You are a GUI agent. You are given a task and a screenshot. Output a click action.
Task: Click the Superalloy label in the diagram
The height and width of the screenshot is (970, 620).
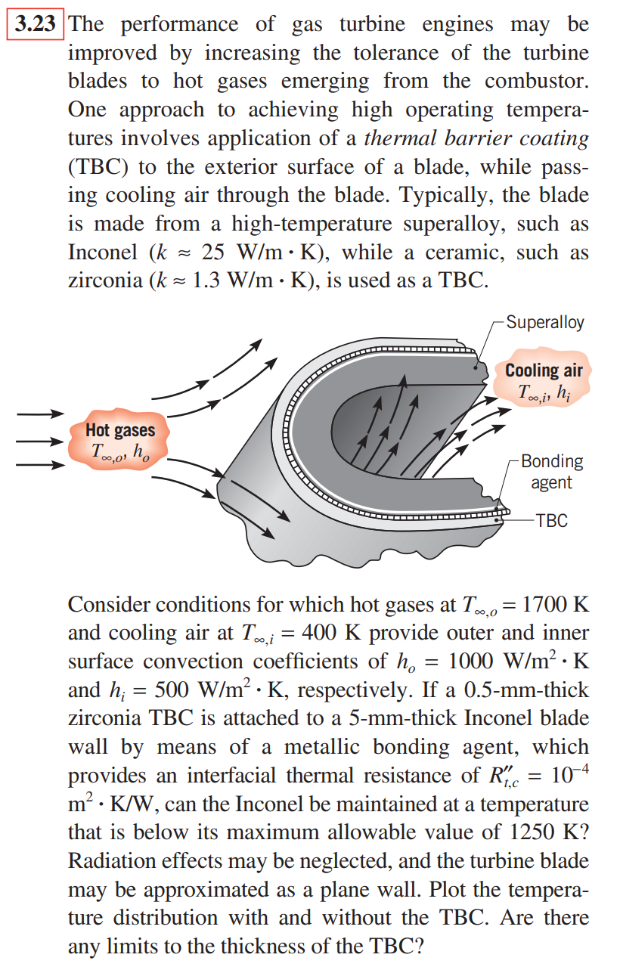[544, 322]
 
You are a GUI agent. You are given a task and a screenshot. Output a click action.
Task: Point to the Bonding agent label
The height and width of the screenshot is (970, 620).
[551, 471]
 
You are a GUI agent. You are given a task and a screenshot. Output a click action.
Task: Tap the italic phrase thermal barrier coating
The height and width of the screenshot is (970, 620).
[476, 138]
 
